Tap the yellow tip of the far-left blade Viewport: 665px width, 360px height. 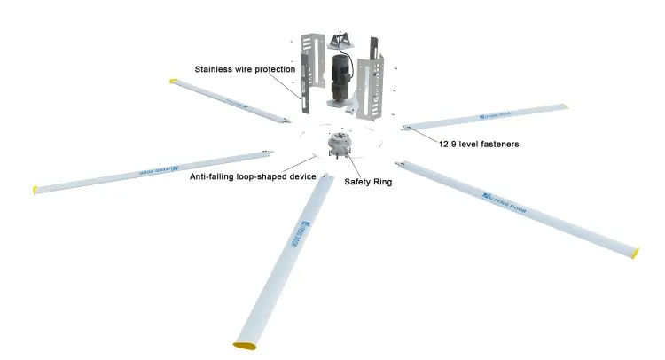[x=36, y=189]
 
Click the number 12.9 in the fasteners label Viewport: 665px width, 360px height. [x=449, y=142]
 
